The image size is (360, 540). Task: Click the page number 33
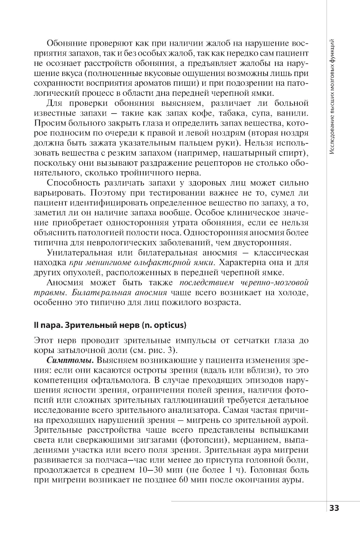click(x=334, y=508)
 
